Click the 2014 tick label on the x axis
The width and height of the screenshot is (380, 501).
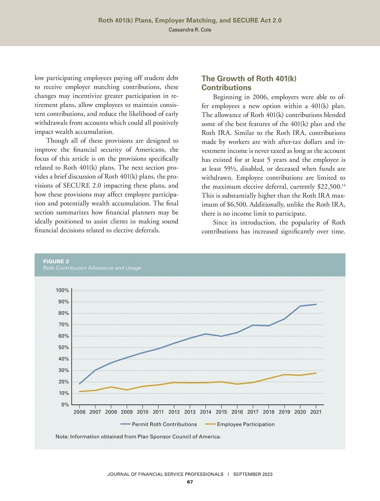pyautogui.click(x=206, y=412)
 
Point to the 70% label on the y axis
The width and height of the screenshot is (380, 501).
pyautogui.click(x=63, y=325)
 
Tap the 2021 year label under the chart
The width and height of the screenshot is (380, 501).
pyautogui.click(x=316, y=412)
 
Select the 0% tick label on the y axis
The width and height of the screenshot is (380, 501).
pyautogui.click(x=65, y=405)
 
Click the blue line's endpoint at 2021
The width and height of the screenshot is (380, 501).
pyautogui.click(x=316, y=304)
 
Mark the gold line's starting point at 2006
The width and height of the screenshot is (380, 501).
pyautogui.click(x=79, y=392)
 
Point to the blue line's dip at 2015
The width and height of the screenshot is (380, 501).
pyautogui.click(x=221, y=336)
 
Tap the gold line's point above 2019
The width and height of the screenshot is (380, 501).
pyautogui.click(x=284, y=375)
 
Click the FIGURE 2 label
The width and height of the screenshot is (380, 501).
pyautogui.click(x=56, y=262)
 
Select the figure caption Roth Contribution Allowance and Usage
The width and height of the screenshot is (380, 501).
pyautogui.click(x=92, y=268)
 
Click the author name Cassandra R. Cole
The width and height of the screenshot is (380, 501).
pyautogui.click(x=190, y=30)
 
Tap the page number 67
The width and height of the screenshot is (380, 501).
pyautogui.click(x=190, y=482)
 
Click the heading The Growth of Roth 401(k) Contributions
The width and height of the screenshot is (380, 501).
pyautogui.click(x=249, y=83)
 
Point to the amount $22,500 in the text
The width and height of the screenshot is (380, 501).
pyautogui.click(x=329, y=187)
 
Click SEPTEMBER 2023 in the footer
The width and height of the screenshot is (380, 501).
pyautogui.click(x=253, y=474)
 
